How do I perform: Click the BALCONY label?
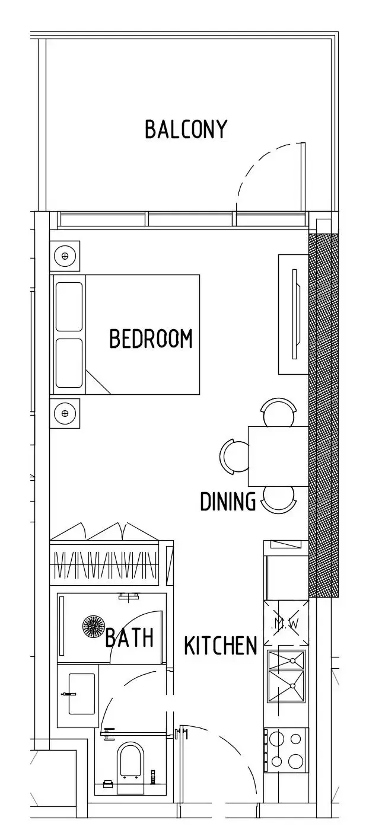click(x=186, y=129)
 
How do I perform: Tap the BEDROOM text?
click(x=151, y=339)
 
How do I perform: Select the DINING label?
click(x=228, y=501)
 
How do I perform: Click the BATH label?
click(x=129, y=638)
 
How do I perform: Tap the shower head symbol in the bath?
click(x=93, y=626)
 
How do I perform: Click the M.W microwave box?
click(x=286, y=623)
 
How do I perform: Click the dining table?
click(x=278, y=456)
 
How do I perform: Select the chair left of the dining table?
click(x=234, y=457)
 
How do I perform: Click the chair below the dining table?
click(x=279, y=500)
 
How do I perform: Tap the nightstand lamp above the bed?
click(x=65, y=256)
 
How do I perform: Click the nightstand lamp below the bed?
click(x=65, y=413)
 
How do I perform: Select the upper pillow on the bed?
click(x=69, y=307)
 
